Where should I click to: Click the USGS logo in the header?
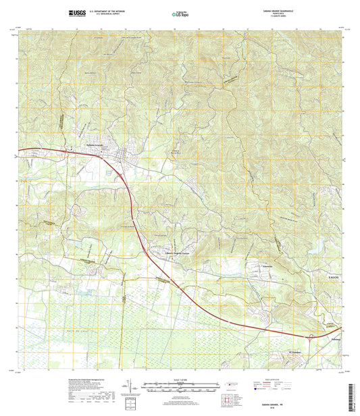click(x=77, y=13)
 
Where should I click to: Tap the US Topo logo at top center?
click(x=180, y=13)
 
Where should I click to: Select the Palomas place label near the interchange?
click(x=330, y=332)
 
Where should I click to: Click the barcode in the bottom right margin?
click(x=355, y=399)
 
